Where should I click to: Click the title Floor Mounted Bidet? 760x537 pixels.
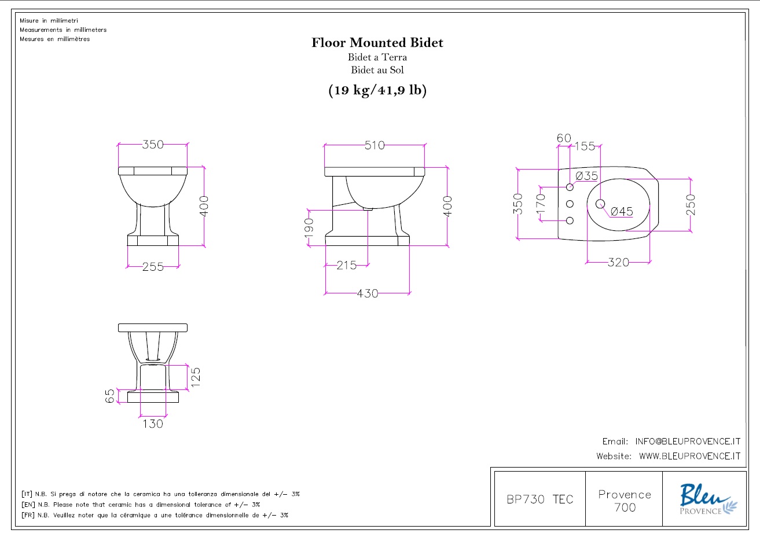pyautogui.click(x=377, y=42)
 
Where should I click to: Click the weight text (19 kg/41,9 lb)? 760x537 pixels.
pyautogui.click(x=377, y=90)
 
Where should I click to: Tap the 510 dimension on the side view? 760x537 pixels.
pyautogui.click(x=375, y=145)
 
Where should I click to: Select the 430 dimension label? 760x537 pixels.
pyautogui.click(x=368, y=293)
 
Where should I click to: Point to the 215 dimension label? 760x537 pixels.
pyautogui.click(x=346, y=265)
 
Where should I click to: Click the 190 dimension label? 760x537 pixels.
pyautogui.click(x=309, y=228)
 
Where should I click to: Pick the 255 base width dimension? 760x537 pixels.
pyautogui.click(x=153, y=267)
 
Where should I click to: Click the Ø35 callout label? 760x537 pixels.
pyautogui.click(x=586, y=176)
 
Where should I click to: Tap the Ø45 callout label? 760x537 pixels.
pyautogui.click(x=622, y=211)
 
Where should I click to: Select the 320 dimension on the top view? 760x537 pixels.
pyautogui.click(x=618, y=262)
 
